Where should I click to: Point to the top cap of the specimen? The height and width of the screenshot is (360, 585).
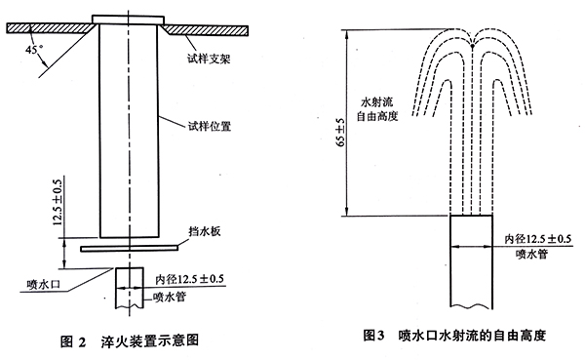(x=127, y=19)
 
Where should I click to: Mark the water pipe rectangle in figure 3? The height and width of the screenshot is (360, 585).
(x=471, y=263)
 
